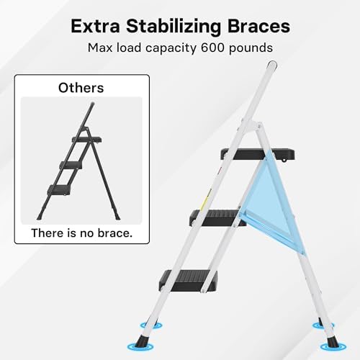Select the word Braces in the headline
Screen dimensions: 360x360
259,26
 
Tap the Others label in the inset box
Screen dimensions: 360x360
81,88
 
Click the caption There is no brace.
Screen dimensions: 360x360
81,233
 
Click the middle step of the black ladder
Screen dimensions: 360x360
76,165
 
